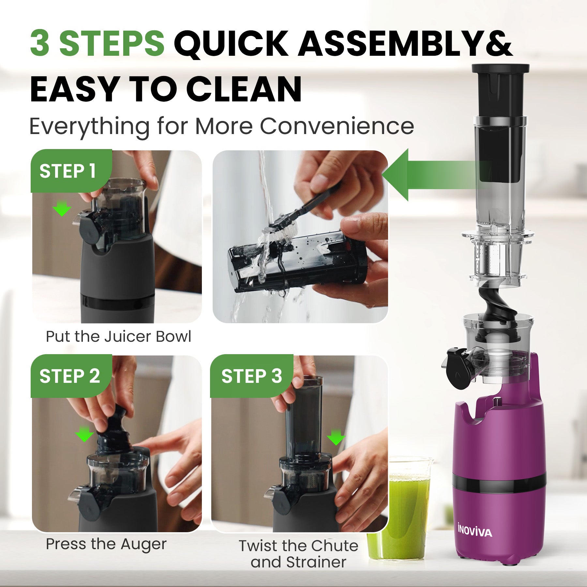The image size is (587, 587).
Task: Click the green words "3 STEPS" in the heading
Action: click(x=97, y=43)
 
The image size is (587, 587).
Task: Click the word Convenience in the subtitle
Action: click(x=337, y=126)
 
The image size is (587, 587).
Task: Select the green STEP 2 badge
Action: click(x=69, y=376)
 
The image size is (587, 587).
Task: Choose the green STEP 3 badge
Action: click(x=251, y=376)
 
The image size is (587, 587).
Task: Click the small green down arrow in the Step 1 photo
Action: click(x=62, y=209)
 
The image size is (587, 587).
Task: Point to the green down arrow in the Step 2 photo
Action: click(x=84, y=435)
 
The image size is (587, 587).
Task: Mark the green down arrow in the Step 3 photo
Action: click(x=336, y=437)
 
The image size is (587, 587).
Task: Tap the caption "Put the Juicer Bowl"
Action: click(x=118, y=337)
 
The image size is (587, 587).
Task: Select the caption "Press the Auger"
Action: click(x=106, y=544)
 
